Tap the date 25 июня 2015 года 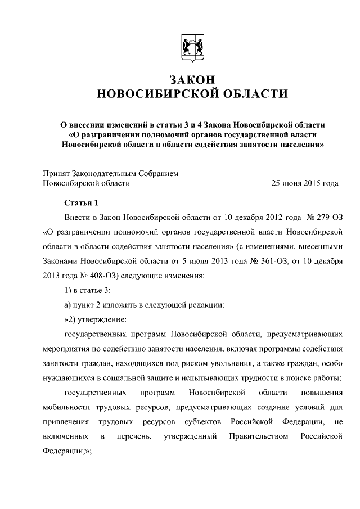pos(305,183)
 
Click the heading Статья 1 pos(83,203)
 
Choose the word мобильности pos(64,406)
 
